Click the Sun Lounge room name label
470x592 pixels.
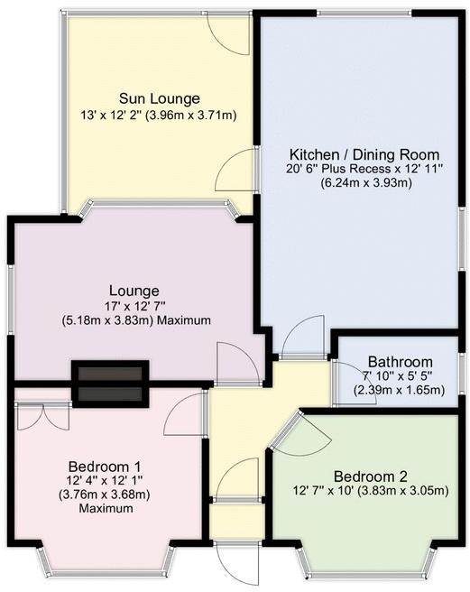click(x=160, y=98)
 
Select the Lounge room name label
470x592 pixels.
click(x=134, y=291)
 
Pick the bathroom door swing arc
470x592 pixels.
click(x=344, y=379)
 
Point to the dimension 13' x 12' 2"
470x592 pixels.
click(x=158, y=115)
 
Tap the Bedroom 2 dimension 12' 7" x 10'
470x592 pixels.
click(x=330, y=491)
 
